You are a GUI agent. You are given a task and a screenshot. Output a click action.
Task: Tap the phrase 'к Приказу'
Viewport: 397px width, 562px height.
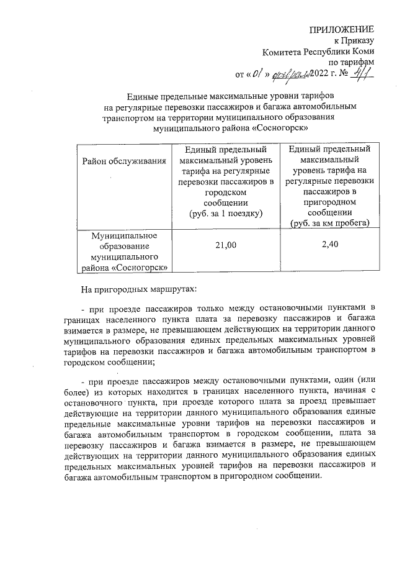pyautogui.click(x=355, y=41)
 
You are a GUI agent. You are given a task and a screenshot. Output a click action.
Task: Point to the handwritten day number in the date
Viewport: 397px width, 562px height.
pyautogui.click(x=257, y=75)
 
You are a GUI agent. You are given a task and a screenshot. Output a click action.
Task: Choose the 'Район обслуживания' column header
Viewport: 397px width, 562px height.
pyautogui.click(x=124, y=161)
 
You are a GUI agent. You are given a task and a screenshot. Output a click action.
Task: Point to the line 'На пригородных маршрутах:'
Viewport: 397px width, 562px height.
pyautogui.click(x=138, y=289)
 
